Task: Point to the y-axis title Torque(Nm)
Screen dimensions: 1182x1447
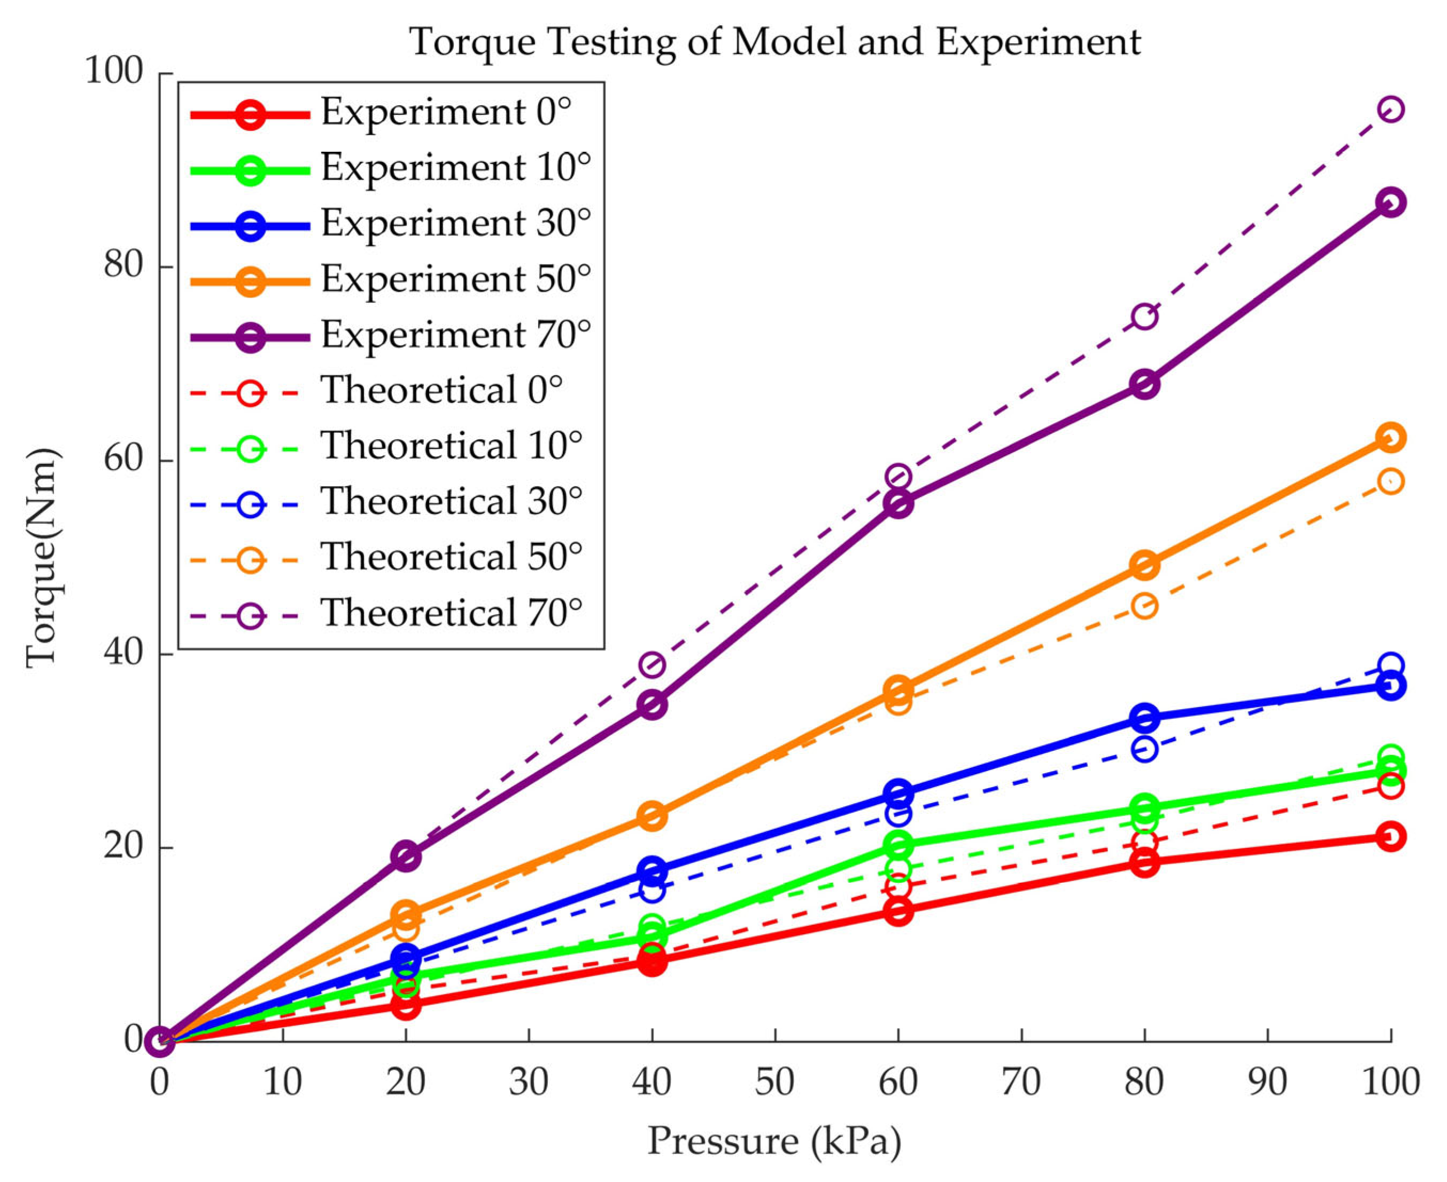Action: pos(42,558)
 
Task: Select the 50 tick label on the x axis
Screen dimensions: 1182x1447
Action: pos(775,1083)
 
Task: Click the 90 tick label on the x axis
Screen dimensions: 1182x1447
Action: pos(1267,1083)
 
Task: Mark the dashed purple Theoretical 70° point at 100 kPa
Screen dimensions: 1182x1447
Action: pos(1390,109)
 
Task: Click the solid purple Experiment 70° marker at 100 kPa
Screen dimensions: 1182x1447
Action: pos(1390,202)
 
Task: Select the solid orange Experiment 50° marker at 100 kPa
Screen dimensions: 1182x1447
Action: pos(1390,437)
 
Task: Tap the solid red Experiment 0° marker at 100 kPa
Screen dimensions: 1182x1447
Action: pos(1390,836)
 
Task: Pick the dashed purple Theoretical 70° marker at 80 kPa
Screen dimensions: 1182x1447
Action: pos(1144,316)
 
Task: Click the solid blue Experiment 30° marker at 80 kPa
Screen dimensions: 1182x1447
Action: pos(1144,718)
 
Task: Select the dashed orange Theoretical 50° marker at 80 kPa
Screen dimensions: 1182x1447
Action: pos(1144,605)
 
